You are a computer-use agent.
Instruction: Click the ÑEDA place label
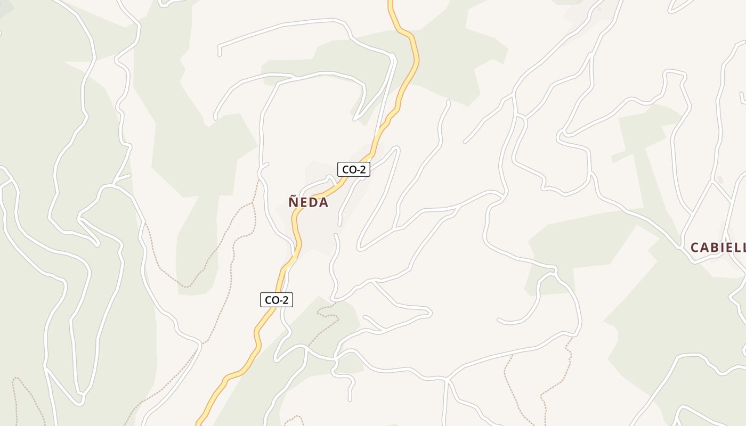click(309, 202)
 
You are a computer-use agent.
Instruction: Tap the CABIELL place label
click(718, 248)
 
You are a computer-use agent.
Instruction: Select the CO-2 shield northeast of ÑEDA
click(354, 169)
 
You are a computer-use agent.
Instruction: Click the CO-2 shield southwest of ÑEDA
click(277, 300)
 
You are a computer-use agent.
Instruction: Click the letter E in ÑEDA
click(304, 203)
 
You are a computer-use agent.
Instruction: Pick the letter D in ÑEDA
click(313, 203)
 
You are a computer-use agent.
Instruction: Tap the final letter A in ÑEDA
click(323, 203)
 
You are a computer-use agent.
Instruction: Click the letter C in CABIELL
click(695, 248)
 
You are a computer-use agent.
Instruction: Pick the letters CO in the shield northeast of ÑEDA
click(348, 170)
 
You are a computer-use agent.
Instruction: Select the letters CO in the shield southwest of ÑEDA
click(271, 300)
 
